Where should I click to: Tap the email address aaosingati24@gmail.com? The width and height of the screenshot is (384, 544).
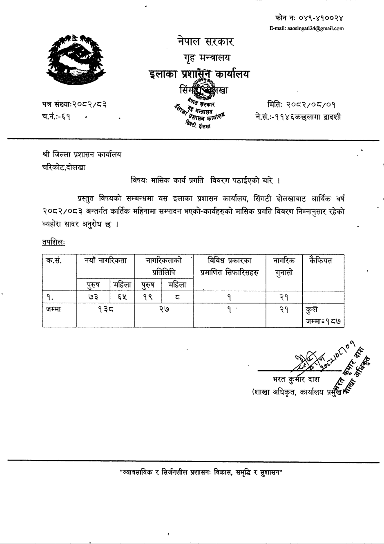[x=306, y=29]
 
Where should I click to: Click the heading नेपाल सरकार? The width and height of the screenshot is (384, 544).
[x=205, y=41]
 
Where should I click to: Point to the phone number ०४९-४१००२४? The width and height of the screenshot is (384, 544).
[x=309, y=18]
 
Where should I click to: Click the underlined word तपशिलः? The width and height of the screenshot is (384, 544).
[x=54, y=242]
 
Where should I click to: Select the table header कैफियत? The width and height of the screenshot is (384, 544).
[x=321, y=261]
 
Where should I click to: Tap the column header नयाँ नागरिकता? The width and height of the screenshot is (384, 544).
[x=105, y=261]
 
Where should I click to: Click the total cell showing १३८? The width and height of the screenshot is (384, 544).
[x=105, y=310]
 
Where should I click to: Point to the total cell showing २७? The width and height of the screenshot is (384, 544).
[x=164, y=310]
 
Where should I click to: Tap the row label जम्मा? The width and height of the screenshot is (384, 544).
[x=54, y=310]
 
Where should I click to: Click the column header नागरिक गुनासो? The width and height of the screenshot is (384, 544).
[x=284, y=266]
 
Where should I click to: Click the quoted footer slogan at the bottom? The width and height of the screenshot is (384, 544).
[x=201, y=472]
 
